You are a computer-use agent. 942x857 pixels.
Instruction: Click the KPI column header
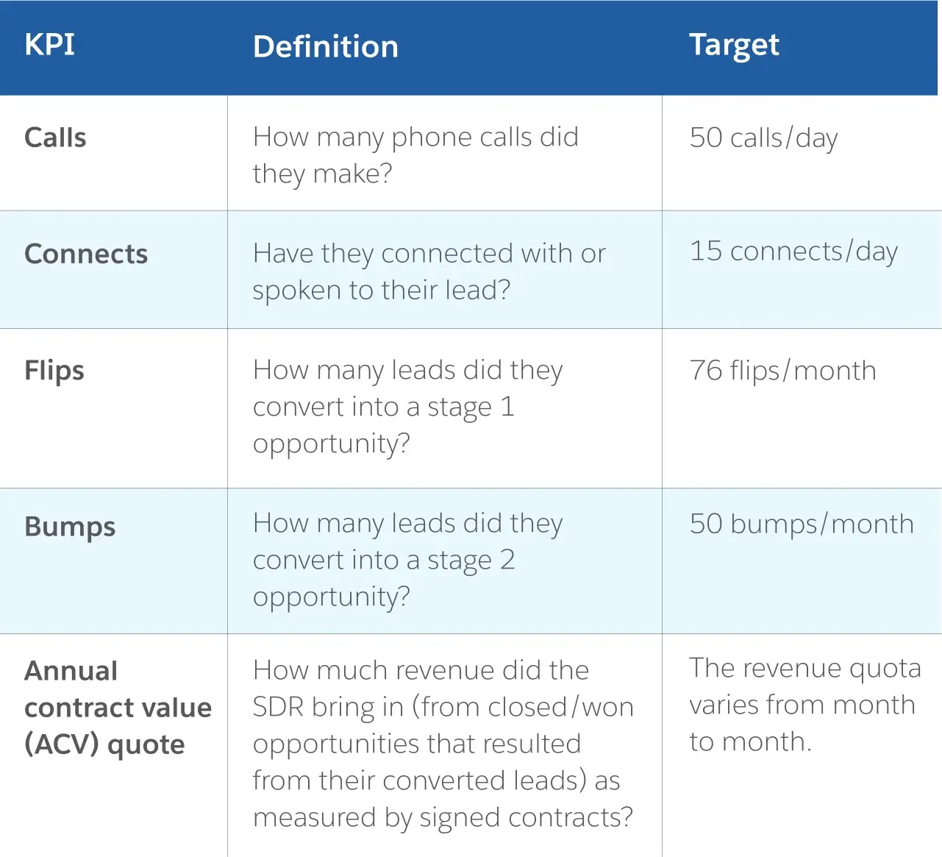coord(49,45)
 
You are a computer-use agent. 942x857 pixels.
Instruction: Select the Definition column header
coord(326,46)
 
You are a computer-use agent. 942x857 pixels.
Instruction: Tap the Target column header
coord(734,46)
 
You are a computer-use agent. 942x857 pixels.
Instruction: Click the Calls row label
coord(55,138)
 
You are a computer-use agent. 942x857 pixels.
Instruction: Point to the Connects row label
coord(86,254)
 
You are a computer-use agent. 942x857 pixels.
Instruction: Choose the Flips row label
coord(54,371)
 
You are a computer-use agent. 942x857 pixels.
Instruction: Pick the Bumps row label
coord(70,527)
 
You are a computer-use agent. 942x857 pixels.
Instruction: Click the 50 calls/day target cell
coord(763,138)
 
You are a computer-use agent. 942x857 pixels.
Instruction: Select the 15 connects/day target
coord(793,252)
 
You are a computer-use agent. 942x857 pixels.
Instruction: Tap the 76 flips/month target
coord(783,371)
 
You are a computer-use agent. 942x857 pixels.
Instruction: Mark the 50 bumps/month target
coord(802,524)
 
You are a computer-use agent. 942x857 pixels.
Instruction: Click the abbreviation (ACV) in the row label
coord(62,744)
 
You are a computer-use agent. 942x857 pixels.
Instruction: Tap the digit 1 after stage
coord(507,406)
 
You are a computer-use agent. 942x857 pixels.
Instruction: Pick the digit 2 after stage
coord(507,560)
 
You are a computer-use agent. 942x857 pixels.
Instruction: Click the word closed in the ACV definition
coord(527,707)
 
